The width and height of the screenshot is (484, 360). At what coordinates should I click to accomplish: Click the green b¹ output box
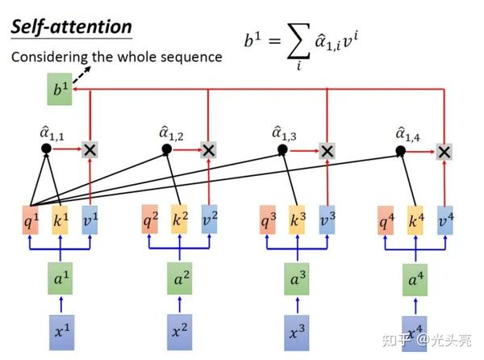click(x=59, y=90)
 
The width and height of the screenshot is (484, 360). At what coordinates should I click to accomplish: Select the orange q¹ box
click(x=31, y=220)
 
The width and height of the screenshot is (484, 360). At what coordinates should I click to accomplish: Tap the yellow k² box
click(x=179, y=219)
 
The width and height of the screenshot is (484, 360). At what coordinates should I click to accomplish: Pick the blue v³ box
click(x=326, y=220)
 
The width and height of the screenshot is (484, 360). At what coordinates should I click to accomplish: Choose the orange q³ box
click(x=268, y=220)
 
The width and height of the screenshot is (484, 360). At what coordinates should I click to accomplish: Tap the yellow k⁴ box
click(x=415, y=220)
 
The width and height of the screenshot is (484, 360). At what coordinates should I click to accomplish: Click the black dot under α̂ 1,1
click(x=46, y=149)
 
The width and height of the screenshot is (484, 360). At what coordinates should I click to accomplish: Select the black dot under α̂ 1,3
click(x=282, y=149)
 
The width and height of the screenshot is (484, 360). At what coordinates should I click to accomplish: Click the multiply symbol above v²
click(x=208, y=149)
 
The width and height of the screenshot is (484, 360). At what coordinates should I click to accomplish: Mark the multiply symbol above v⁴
click(x=444, y=151)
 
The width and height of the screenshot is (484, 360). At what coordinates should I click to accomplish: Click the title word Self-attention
click(x=71, y=26)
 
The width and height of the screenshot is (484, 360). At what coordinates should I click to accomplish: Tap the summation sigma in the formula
click(x=298, y=43)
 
